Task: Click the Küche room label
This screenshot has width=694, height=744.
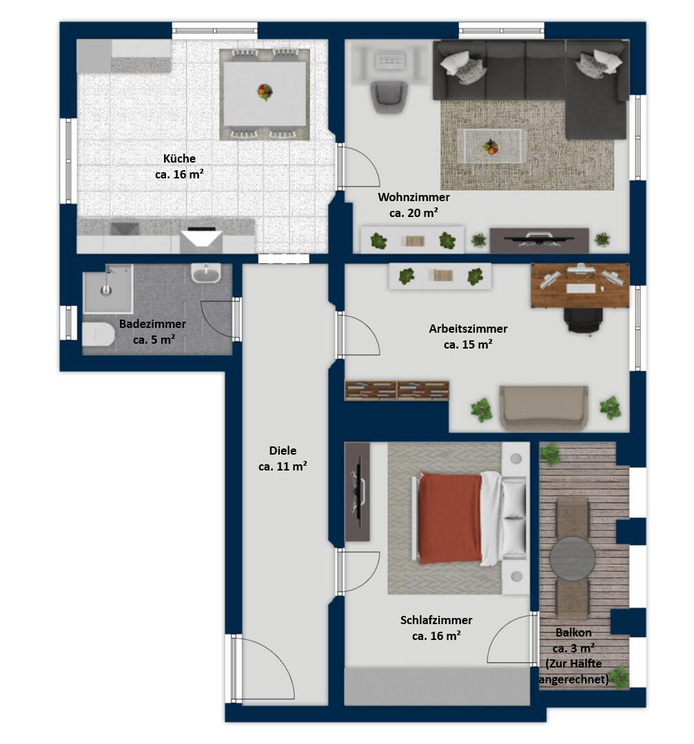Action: pyautogui.click(x=179, y=158)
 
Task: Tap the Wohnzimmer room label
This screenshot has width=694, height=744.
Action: pyautogui.click(x=414, y=197)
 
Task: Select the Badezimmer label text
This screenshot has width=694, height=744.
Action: pyautogui.click(x=152, y=324)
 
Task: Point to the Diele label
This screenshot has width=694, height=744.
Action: pyautogui.click(x=283, y=451)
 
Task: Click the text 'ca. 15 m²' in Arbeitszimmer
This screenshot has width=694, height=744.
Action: pyautogui.click(x=467, y=344)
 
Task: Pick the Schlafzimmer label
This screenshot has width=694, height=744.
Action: pyautogui.click(x=436, y=620)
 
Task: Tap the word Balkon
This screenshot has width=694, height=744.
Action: pyautogui.click(x=573, y=632)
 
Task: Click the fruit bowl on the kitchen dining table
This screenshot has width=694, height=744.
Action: pyautogui.click(x=265, y=92)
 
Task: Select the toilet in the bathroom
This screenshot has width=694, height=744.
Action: pyautogui.click(x=99, y=335)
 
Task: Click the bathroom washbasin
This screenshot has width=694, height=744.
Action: pyautogui.click(x=206, y=273)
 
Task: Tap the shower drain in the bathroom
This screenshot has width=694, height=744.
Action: pyautogui.click(x=106, y=291)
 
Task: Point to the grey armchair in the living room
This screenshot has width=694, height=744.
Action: pyautogui.click(x=389, y=97)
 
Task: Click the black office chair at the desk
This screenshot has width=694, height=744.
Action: pyautogui.click(x=584, y=321)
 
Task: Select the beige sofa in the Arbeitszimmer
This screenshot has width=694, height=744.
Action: pyautogui.click(x=544, y=408)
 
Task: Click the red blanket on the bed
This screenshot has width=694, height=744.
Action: pyautogui.click(x=450, y=518)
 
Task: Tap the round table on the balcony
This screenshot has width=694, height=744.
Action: pyautogui.click(x=572, y=559)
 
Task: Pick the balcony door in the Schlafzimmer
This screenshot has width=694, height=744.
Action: pyautogui.click(x=511, y=638)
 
